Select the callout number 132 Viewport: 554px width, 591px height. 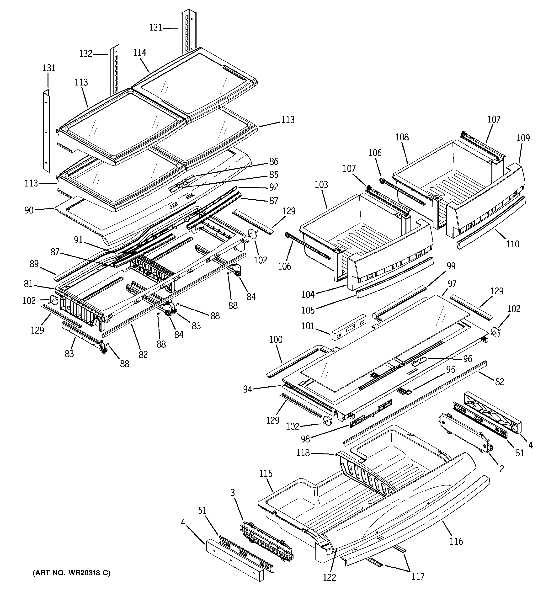click(86, 54)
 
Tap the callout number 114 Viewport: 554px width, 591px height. click(139, 53)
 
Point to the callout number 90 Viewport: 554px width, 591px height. click(29, 210)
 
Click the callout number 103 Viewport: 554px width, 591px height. click(321, 185)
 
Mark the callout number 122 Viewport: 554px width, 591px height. click(329, 577)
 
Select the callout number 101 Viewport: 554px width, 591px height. click(308, 326)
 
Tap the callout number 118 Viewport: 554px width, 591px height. click(303, 453)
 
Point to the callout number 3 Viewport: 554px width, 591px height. click(233, 493)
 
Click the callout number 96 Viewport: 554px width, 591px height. click(468, 359)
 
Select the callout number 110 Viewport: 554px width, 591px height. click(512, 244)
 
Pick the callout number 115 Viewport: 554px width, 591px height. click(266, 473)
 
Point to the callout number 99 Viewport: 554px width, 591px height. click(451, 266)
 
